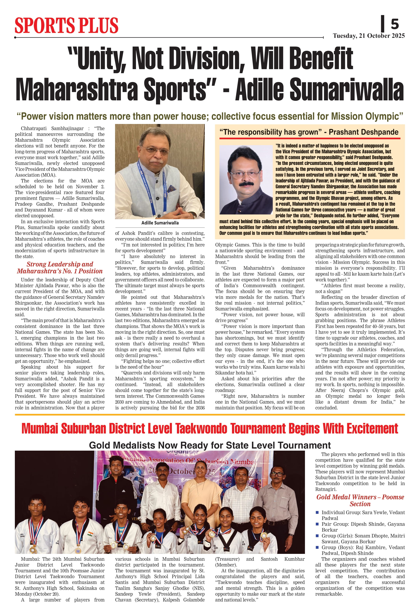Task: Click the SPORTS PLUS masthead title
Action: [x=66, y=26]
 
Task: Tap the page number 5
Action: [x=395, y=24]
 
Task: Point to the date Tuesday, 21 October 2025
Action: [x=369, y=36]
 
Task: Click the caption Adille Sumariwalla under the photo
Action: [x=160, y=223]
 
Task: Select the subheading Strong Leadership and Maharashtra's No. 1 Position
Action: [x=60, y=268]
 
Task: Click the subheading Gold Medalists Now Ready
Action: [x=210, y=445]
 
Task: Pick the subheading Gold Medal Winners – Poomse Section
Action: [x=360, y=500]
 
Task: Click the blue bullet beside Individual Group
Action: [x=317, y=512]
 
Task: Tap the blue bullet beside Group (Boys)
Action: [x=317, y=547]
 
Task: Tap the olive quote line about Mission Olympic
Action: [x=210, y=116]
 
